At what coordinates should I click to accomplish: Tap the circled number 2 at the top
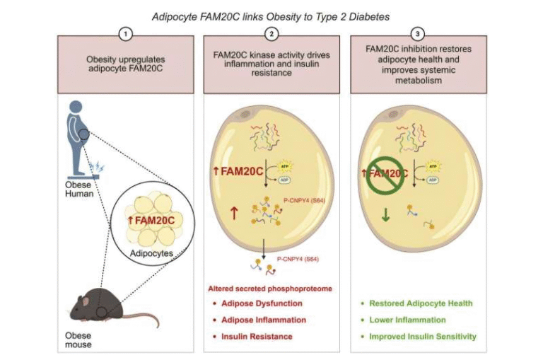[x=271, y=33]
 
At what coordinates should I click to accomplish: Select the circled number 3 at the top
[x=419, y=33]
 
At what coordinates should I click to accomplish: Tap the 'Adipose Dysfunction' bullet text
[x=262, y=303]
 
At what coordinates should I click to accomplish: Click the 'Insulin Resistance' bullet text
[x=257, y=337]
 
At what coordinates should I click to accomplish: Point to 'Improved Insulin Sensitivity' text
[x=423, y=337]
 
